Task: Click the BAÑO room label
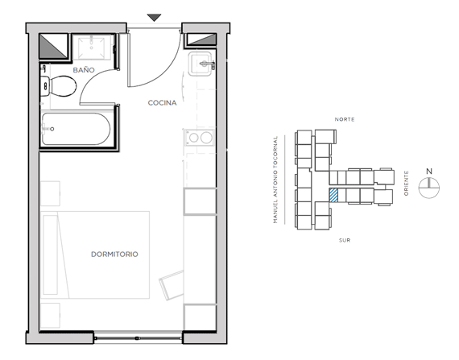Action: [84, 70]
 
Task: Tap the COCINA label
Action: [162, 103]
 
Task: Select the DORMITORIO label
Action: [114, 254]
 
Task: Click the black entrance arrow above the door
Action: [155, 18]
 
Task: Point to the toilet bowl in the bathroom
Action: [63, 86]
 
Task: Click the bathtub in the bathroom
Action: [76, 129]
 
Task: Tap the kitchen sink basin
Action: [200, 64]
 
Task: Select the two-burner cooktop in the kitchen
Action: [200, 137]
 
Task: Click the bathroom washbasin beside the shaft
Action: [92, 47]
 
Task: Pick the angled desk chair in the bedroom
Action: [172, 285]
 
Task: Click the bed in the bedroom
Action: [95, 254]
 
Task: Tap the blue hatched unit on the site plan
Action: [333, 196]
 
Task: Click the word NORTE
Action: [345, 119]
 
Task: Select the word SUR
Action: [345, 240]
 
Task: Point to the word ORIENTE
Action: [406, 184]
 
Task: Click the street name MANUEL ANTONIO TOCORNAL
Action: [275, 180]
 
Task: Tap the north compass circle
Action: [429, 188]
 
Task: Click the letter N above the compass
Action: [429, 172]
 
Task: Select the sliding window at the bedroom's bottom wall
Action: [139, 338]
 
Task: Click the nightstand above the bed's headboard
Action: [50, 193]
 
